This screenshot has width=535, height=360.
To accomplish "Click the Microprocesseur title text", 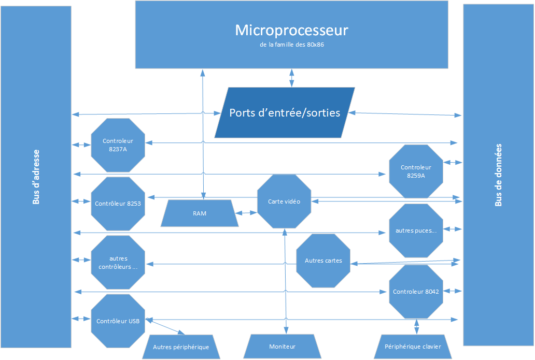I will pyautogui.click(x=291, y=30).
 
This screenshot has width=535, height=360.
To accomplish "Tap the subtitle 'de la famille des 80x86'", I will pyautogui.click(x=291, y=45).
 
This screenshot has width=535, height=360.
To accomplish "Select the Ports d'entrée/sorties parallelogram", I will pyautogui.click(x=285, y=112).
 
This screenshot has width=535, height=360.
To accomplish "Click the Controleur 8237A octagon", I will pyautogui.click(x=118, y=145).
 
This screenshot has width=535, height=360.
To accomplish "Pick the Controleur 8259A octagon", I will pyautogui.click(x=416, y=171).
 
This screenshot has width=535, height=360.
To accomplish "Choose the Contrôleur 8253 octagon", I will pyautogui.click(x=118, y=204).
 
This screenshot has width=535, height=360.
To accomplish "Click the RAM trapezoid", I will pyautogui.click(x=200, y=213).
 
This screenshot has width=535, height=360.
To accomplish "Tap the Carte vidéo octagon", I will pyautogui.click(x=284, y=201).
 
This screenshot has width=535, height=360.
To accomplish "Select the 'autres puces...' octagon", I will pyautogui.click(x=416, y=231).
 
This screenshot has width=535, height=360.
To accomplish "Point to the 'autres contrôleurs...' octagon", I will pyautogui.click(x=118, y=263).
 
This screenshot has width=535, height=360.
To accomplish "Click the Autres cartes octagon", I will pyautogui.click(x=323, y=261).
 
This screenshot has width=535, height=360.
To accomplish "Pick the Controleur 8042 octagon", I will pyautogui.click(x=416, y=292).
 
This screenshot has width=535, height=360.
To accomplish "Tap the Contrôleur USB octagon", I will pyautogui.click(x=118, y=321).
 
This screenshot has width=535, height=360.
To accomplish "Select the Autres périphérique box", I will pyautogui.click(x=181, y=347).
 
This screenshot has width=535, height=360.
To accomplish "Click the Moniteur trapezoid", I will pyautogui.click(x=282, y=347).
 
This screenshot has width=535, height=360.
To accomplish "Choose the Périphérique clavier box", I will pyautogui.click(x=413, y=347).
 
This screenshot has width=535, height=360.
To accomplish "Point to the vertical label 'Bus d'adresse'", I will pyautogui.click(x=36, y=177).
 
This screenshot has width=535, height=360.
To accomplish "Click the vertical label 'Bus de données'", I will pyautogui.click(x=498, y=175).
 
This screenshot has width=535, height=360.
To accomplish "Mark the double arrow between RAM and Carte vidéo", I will pyautogui.click(x=246, y=212).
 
